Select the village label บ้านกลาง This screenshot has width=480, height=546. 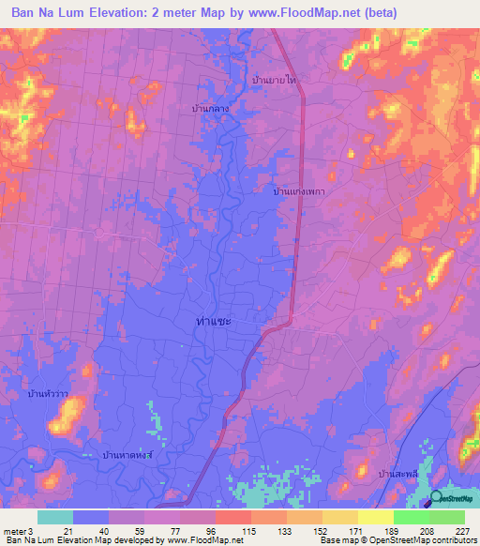pos(211,109)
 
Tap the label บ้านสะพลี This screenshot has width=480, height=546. pos(397,475)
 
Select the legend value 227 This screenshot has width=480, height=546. pos(461,531)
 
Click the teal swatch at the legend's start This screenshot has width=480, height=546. pos(55,517)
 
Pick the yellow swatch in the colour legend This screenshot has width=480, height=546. pos(375,517)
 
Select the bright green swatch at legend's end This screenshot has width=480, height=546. pos(446,517)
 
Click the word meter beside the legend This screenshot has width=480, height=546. pos(14,531)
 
